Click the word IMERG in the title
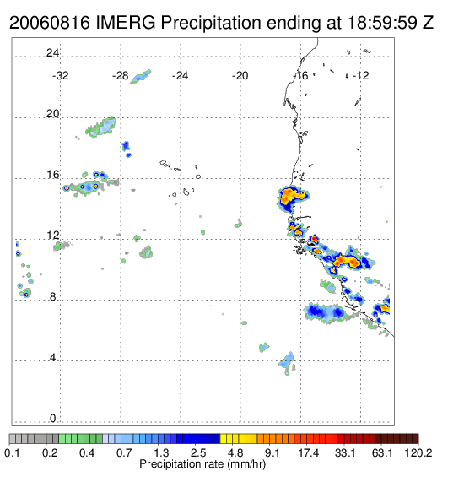[x=126, y=23]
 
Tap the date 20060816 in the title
[x=50, y=23]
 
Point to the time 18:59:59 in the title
[x=382, y=23]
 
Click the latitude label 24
[x=52, y=53]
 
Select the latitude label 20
[x=52, y=114]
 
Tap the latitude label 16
[x=52, y=175]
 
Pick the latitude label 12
[x=52, y=236]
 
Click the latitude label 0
[x=53, y=419]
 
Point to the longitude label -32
[x=60, y=76]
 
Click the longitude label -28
[x=120, y=76]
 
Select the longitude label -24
[x=180, y=76]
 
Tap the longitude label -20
[x=240, y=76]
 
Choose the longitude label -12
[x=360, y=76]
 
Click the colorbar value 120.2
[x=418, y=452]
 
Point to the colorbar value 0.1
[x=12, y=452]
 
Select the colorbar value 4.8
[x=235, y=452]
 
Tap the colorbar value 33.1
[x=345, y=452]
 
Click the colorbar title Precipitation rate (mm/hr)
[x=202, y=464]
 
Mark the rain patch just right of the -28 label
[x=141, y=77]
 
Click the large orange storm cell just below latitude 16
[x=292, y=198]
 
